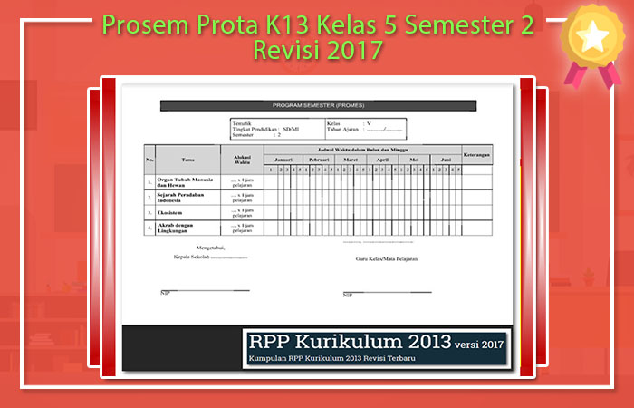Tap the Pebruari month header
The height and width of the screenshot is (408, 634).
click(318, 159)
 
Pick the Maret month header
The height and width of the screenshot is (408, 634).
click(351, 159)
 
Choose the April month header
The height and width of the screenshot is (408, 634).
click(382, 159)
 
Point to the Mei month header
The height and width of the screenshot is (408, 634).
click(414, 159)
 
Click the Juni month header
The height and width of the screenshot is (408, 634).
click(446, 159)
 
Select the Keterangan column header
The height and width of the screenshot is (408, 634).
click(477, 153)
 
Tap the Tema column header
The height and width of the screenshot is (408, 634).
click(187, 159)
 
